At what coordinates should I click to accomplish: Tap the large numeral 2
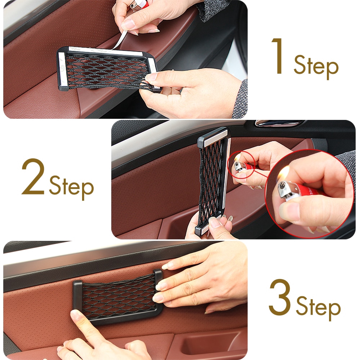(x=33, y=177)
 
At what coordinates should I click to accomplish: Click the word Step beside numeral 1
(x=316, y=67)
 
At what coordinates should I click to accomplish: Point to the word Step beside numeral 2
(x=71, y=187)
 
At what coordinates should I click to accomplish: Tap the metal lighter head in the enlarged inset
(x=285, y=189)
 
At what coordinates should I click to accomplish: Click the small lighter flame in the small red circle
(x=238, y=158)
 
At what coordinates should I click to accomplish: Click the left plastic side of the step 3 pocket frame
(x=77, y=296)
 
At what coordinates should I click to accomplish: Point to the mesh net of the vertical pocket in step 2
(x=211, y=181)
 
